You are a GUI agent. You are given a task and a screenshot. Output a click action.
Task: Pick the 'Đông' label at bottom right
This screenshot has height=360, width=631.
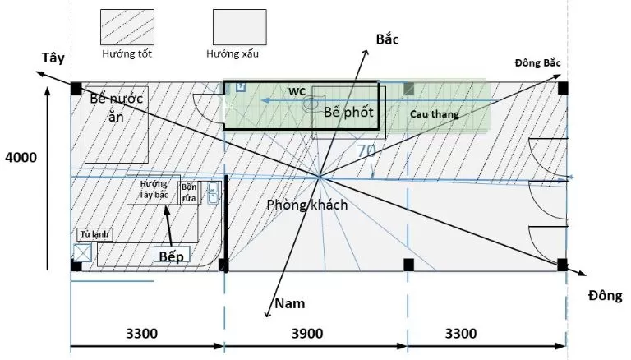click(x=605, y=295)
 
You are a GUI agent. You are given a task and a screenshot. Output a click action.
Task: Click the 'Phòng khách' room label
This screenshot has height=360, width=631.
click(x=306, y=205)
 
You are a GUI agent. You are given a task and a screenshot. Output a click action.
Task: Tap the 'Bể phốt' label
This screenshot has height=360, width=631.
click(x=348, y=112)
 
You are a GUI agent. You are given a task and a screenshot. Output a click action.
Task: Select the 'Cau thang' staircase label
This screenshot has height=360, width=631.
click(x=435, y=114)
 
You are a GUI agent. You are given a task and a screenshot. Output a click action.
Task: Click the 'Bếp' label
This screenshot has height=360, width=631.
click(x=172, y=256)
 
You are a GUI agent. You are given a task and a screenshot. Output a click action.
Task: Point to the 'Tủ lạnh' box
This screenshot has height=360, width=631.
click(x=94, y=234)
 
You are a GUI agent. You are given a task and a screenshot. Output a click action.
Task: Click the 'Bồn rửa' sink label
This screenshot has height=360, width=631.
click(x=190, y=191)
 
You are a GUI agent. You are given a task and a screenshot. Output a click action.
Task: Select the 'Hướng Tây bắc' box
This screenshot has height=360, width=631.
click(x=154, y=190)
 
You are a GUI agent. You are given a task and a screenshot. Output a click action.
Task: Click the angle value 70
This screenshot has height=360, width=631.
click(x=366, y=150)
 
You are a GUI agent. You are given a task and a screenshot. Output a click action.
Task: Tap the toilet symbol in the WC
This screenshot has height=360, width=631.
click(x=312, y=104)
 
